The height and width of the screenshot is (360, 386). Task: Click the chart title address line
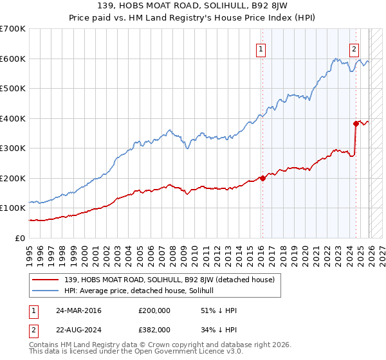point(192,6)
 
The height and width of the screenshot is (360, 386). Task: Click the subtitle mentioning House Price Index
point(192,19)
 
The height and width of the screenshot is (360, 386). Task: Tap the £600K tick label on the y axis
point(13,59)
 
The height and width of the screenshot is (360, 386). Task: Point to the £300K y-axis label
point(13,148)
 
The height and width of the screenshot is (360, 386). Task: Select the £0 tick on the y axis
point(21,239)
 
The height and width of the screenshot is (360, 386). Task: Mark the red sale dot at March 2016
point(262,178)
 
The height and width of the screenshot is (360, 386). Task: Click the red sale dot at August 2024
point(356,123)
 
